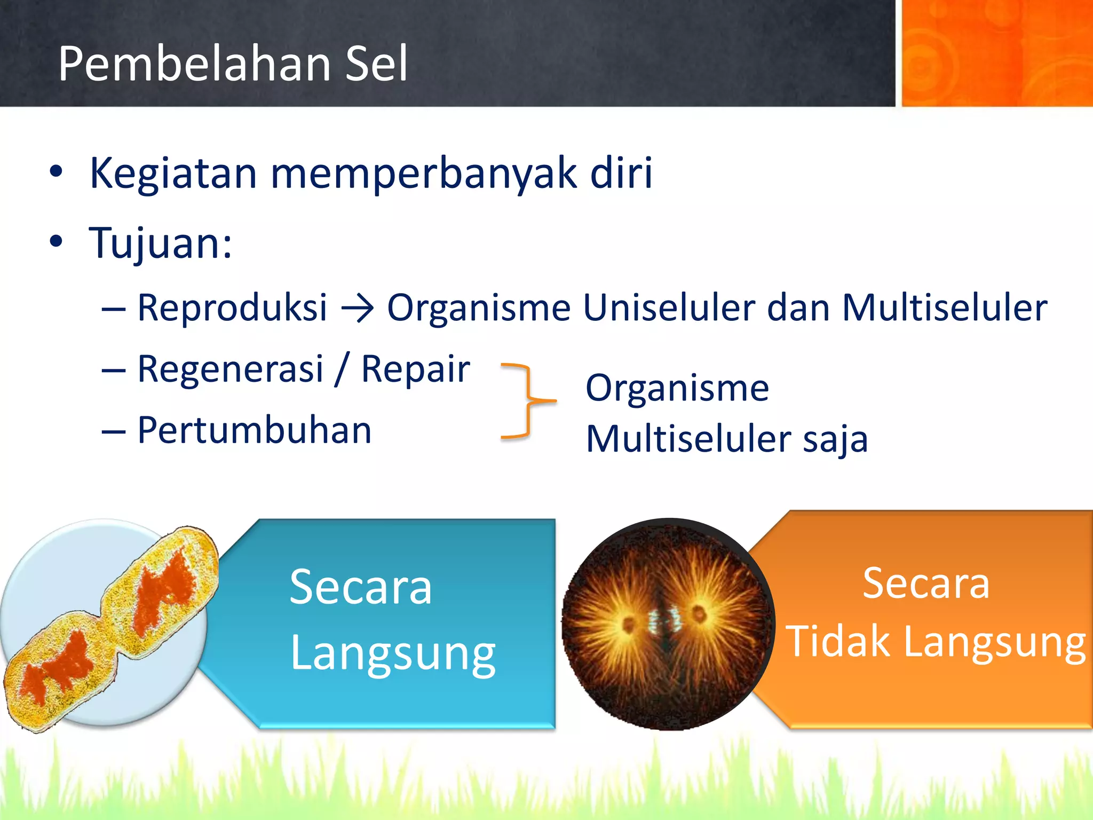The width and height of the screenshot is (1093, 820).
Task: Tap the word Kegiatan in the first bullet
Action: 173,174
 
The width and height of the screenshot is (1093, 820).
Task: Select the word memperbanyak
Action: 424,174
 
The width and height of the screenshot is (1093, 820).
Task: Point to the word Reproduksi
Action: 232,308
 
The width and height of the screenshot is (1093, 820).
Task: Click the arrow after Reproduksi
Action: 357,309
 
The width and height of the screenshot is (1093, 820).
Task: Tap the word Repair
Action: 415,369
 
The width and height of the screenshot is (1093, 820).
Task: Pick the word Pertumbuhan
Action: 254,430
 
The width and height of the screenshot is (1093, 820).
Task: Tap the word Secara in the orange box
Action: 926,584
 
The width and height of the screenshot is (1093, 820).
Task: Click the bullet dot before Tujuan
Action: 56,242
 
